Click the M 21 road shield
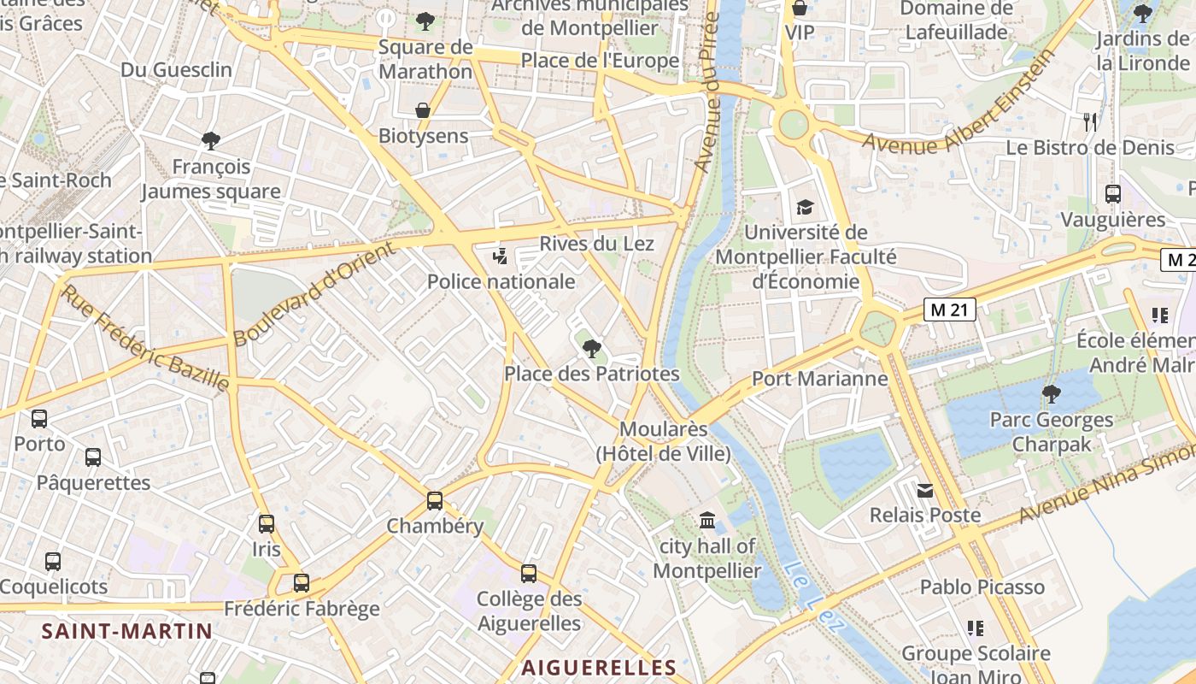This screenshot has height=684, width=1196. point(949,310)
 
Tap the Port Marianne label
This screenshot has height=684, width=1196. point(819,378)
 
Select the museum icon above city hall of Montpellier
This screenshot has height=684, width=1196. point(707,520)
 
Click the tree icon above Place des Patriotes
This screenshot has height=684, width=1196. point(591,348)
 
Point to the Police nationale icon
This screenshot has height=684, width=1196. point(501,255)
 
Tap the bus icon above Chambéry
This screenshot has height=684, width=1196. point(435,500)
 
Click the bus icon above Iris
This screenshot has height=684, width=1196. point(267,523)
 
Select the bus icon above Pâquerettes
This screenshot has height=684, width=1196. point(93,457)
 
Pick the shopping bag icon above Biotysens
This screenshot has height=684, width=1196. point(423,110)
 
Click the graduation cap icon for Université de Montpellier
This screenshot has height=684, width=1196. point(805,207)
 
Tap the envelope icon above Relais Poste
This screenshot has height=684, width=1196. point(925,491)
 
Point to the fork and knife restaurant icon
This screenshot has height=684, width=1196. point(1089,121)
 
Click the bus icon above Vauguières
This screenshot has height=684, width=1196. point(1112,194)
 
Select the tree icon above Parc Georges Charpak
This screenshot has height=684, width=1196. point(1051,394)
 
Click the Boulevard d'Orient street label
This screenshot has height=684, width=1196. point(315,293)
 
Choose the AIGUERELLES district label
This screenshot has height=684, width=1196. point(599,668)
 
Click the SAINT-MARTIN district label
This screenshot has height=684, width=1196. point(127,632)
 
